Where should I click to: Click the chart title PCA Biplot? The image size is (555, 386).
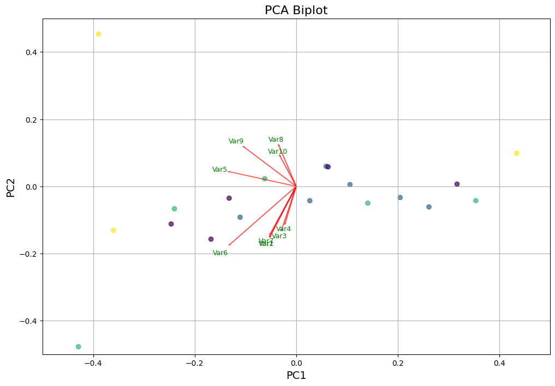click(x=296, y=10)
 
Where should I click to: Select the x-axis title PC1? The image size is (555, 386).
click(x=296, y=376)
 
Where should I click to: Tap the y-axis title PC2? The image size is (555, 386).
click(x=10, y=186)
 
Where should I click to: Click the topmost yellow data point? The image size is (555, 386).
click(x=98, y=34)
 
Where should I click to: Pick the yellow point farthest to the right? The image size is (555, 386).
click(x=516, y=153)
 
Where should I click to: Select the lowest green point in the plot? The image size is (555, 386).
click(x=78, y=347)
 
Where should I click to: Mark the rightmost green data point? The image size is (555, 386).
click(x=475, y=201)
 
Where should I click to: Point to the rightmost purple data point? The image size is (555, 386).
click(x=457, y=184)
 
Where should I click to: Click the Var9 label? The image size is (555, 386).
click(x=236, y=141)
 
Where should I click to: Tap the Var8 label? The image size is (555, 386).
click(x=276, y=140)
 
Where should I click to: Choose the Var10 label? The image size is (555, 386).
click(x=277, y=152)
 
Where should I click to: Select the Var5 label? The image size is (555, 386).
click(x=219, y=170)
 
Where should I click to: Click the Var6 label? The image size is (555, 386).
click(x=220, y=253)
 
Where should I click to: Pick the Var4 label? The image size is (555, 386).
click(x=283, y=229)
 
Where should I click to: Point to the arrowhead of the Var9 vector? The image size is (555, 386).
click(x=243, y=146)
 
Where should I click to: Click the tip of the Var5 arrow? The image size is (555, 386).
click(x=228, y=171)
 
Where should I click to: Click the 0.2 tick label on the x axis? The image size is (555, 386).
click(x=398, y=363)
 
